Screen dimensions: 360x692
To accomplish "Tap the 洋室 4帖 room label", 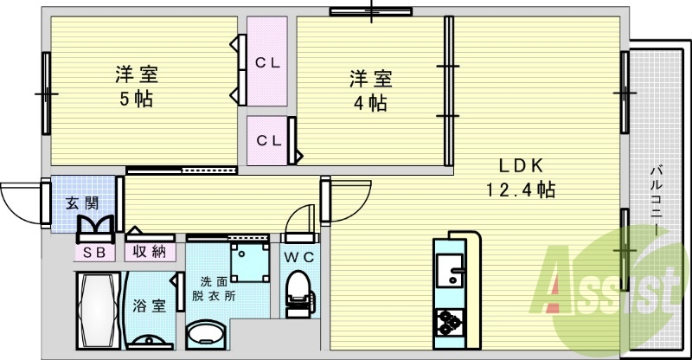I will click(370, 90).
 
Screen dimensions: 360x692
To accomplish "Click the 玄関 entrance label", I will click(82, 204).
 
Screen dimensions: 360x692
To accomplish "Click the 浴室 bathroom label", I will click(149, 305).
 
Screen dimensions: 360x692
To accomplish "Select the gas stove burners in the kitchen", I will click(450, 323).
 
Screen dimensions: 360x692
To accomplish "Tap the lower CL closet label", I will click(266, 140).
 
